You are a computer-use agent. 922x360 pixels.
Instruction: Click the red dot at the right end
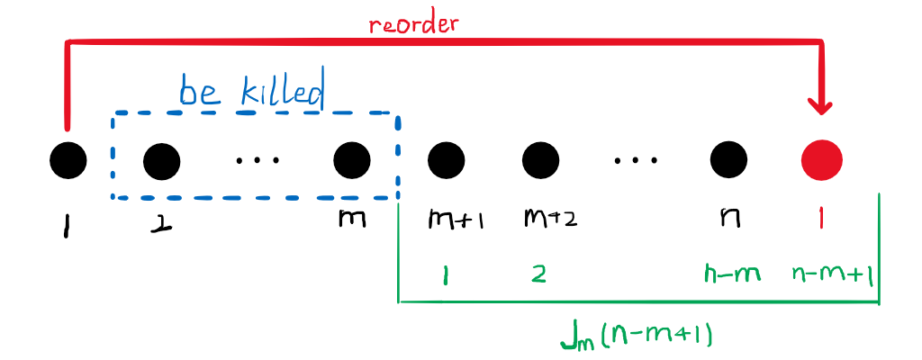[x=822, y=160]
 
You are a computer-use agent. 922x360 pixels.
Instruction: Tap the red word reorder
[x=413, y=23]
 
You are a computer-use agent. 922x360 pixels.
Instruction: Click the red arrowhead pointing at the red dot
[x=821, y=106]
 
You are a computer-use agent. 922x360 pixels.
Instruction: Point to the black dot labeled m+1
[x=447, y=161]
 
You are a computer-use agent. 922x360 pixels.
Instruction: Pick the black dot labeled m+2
[x=540, y=161]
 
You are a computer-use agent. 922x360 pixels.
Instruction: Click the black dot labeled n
[x=728, y=161]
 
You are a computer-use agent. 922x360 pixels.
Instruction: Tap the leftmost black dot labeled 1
[x=68, y=161]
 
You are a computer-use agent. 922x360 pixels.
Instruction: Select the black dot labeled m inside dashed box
[x=352, y=161]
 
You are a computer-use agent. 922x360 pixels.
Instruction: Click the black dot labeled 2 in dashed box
[x=162, y=161]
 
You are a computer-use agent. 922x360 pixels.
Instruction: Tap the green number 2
[x=538, y=274]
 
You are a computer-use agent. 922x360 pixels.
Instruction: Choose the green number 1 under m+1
[x=447, y=274]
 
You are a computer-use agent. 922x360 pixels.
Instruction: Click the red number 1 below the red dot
[x=821, y=218]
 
